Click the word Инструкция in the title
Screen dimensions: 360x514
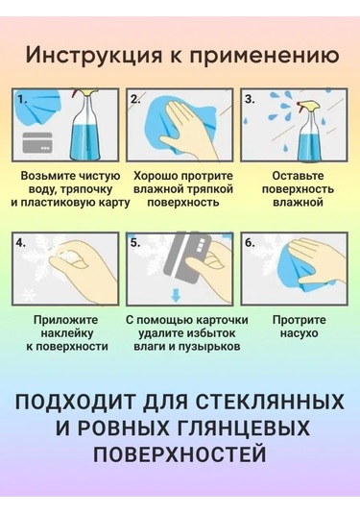click(93, 56)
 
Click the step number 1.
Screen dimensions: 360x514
click(23, 99)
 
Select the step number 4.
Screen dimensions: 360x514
click(20, 243)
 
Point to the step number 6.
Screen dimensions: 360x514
click(250, 243)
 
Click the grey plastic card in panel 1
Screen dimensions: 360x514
click(37, 142)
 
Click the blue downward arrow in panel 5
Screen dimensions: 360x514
click(177, 295)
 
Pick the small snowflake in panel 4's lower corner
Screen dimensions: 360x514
click(29, 295)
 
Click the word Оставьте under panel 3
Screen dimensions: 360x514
click(298, 176)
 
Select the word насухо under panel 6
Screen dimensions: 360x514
click(300, 333)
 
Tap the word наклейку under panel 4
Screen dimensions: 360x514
click(67, 333)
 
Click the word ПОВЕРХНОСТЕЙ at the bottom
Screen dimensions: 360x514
click(180, 453)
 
